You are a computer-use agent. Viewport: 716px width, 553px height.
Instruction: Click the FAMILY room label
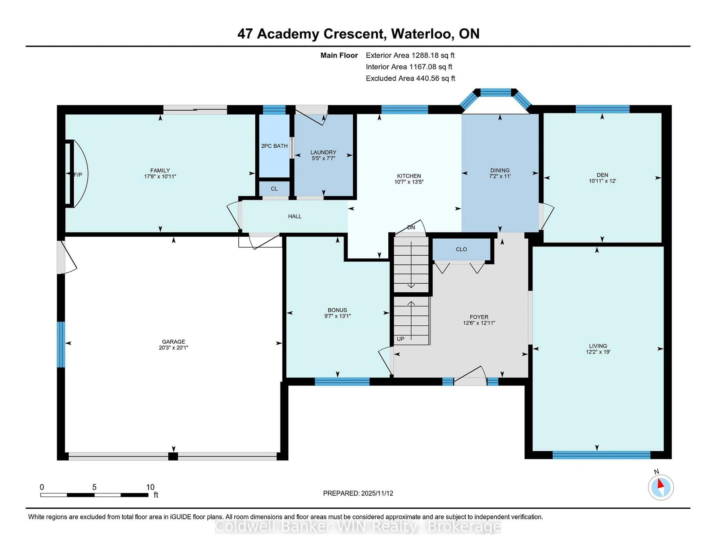(x=160, y=170)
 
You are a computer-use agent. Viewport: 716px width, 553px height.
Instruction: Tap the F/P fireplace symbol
(x=78, y=175)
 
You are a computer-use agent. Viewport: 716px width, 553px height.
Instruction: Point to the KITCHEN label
(x=409, y=176)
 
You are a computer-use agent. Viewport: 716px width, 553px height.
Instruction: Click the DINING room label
(x=500, y=170)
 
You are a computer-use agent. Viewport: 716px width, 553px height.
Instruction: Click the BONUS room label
(x=337, y=310)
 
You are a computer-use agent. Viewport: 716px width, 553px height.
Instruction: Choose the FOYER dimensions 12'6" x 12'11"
(x=479, y=323)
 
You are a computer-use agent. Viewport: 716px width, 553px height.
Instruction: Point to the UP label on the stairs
(x=400, y=339)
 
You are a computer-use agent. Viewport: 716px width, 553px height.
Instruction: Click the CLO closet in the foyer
(x=461, y=249)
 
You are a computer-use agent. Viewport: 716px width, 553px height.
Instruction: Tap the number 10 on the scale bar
(x=150, y=487)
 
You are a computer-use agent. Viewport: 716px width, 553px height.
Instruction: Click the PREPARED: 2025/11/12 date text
(x=358, y=493)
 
